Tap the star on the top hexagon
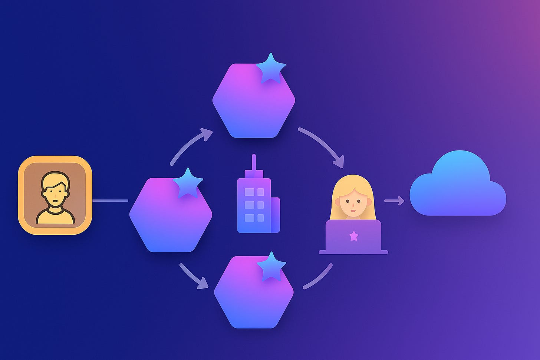click(x=271, y=69)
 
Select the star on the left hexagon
click(x=188, y=183)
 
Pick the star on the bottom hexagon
click(x=271, y=267)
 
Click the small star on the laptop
click(x=354, y=235)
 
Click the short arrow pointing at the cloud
click(x=394, y=201)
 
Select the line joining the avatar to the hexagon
click(x=110, y=201)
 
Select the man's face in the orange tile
click(x=55, y=193)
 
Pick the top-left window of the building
click(x=250, y=192)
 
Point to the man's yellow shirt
click(x=55, y=217)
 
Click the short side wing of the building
click(x=275, y=215)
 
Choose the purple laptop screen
click(x=353, y=236)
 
